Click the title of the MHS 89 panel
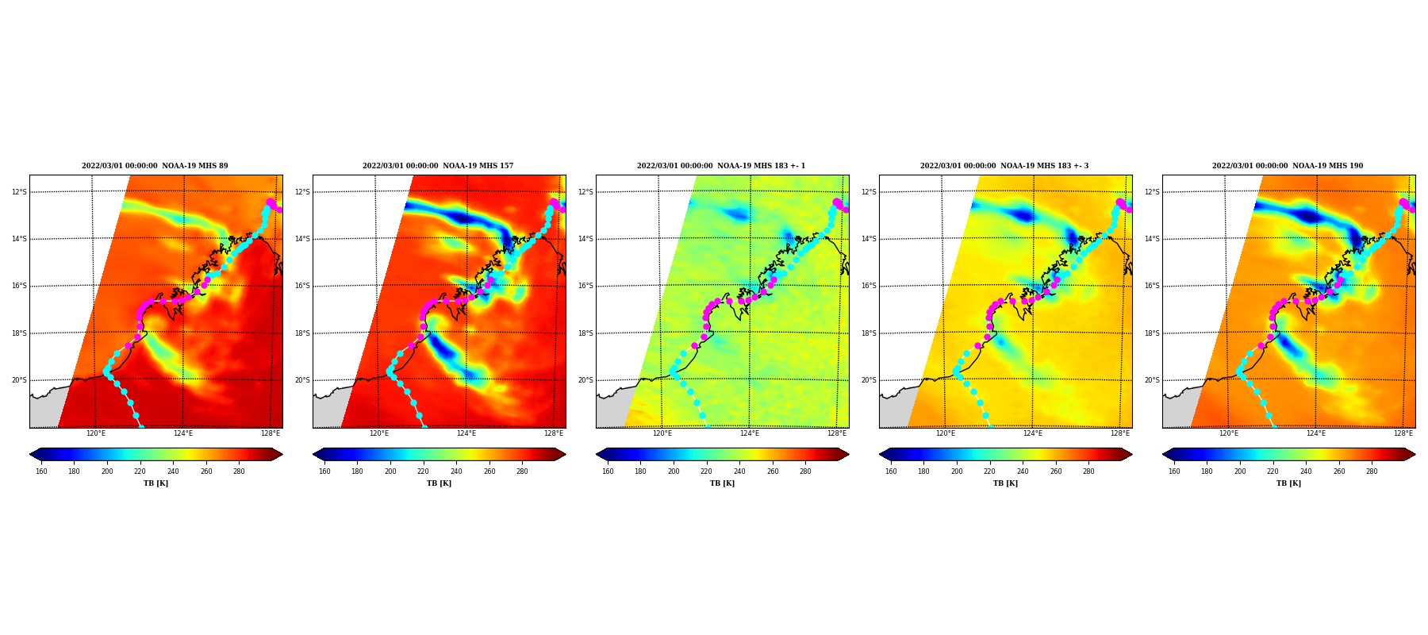tap(155, 166)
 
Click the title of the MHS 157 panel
tap(438, 166)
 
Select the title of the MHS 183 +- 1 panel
tap(721, 166)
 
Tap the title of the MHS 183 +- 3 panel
tap(1004, 166)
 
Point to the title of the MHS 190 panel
tap(1288, 166)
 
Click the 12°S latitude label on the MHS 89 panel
tap(19, 192)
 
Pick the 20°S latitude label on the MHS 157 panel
tap(302, 380)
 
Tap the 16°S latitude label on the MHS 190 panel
tap(1152, 286)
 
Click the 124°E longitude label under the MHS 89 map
tap(183, 433)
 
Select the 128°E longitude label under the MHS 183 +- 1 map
tap(837, 433)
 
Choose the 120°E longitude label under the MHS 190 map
tap(1229, 433)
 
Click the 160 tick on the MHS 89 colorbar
tap(41, 471)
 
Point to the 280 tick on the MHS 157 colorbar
tap(522, 471)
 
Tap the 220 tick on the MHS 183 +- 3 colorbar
tap(989, 471)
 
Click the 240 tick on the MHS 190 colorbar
tap(1306, 471)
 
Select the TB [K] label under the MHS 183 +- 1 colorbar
tap(722, 483)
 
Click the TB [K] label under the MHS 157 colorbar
tap(439, 483)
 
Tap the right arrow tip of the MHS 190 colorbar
tap(1415, 454)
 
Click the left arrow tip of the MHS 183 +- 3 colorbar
tap(880, 454)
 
